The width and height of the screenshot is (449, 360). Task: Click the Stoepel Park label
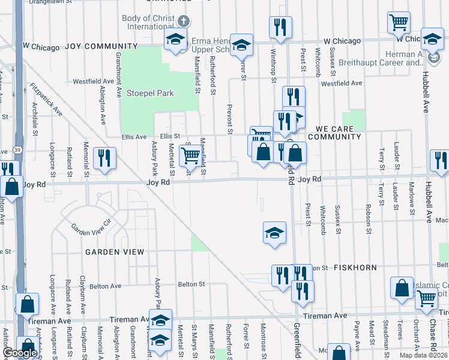pos(150,94)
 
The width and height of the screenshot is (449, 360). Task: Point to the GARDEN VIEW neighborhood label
pos(115,252)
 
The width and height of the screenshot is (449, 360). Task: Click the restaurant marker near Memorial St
pos(104,158)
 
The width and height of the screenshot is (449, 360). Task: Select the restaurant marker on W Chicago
pos(280,27)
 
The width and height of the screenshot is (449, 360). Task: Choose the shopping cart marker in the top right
pos(399,23)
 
